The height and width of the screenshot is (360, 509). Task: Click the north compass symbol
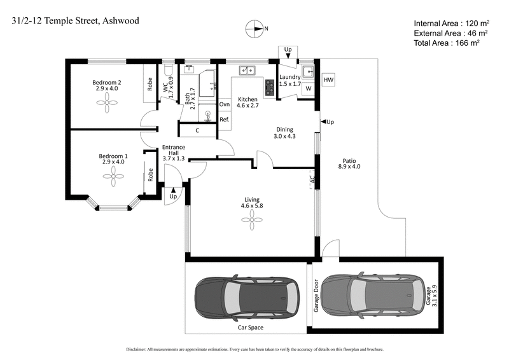(255, 29)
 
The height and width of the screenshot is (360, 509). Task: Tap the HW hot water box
(328, 80)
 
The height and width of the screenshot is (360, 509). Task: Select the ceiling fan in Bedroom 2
(107, 107)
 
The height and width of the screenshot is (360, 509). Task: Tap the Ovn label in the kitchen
(225, 104)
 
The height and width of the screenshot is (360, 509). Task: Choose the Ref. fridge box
(225, 120)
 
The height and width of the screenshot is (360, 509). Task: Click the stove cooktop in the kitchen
(269, 88)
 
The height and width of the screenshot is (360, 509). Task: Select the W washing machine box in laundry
(309, 90)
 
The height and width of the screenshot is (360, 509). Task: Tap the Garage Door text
(315, 295)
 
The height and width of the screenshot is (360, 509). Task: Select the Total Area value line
(446, 43)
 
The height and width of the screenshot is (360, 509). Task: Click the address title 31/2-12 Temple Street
(75, 20)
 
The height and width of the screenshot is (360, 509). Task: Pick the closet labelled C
(198, 131)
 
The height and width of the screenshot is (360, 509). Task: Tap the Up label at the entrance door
(172, 197)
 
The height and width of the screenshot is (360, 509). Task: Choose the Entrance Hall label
(173, 153)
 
